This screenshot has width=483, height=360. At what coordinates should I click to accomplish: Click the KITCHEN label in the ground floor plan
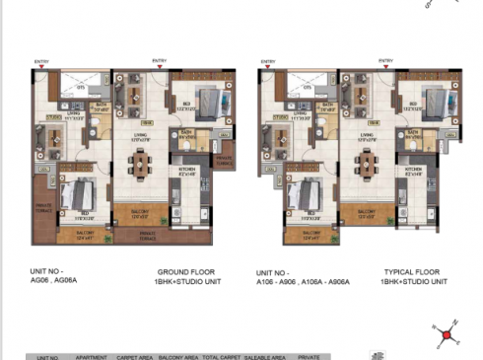click(187, 169)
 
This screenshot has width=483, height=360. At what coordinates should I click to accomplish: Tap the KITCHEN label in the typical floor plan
click(413, 169)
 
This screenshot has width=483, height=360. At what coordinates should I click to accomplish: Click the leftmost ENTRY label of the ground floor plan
click(41, 62)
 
